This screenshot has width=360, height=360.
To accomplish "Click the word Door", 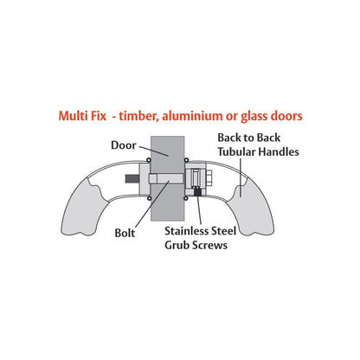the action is click(124, 145).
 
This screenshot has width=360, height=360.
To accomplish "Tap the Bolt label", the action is click(125, 233).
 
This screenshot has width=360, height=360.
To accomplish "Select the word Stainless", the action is click(186, 231).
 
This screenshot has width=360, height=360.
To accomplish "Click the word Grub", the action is click(177, 245).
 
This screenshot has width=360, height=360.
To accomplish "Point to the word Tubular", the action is click(236, 151).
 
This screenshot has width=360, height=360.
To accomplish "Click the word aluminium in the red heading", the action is click(192, 116).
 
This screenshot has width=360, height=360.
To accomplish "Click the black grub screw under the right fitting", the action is click(197, 191).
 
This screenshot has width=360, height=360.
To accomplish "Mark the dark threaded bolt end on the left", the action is click(132, 179).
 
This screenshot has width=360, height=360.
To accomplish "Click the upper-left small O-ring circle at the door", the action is click(149, 160).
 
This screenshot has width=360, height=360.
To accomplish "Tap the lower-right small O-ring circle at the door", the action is click(186, 198).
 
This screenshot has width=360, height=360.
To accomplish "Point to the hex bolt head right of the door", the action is click(209, 179).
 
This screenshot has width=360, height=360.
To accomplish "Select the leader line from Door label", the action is click(153, 151).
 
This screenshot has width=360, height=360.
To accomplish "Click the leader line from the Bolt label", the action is click(151, 205).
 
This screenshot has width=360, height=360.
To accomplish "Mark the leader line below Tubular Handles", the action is click(241, 177).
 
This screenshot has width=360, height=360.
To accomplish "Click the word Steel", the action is click(223, 231).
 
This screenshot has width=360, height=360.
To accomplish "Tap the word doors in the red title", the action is click(286, 116).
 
